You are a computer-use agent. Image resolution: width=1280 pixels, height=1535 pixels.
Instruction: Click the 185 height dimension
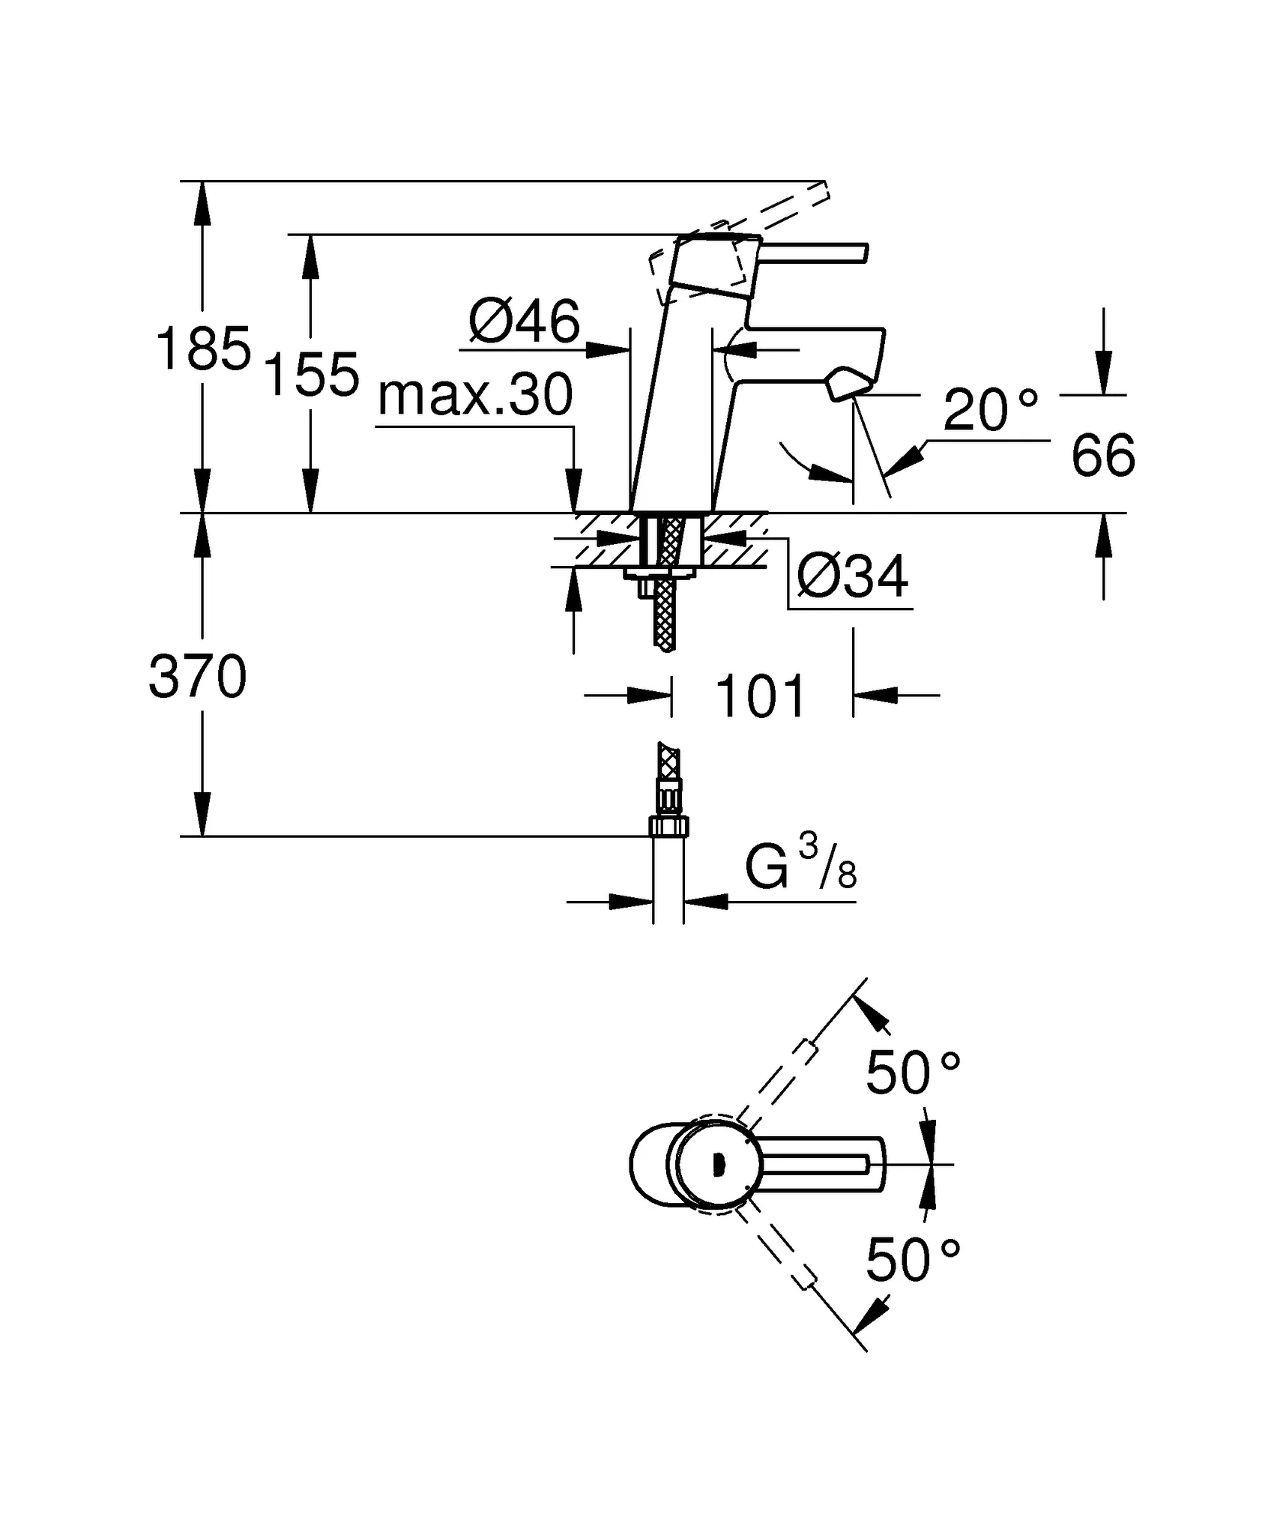[x=202, y=349]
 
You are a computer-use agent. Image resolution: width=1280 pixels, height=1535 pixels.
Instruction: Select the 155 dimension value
[x=313, y=375]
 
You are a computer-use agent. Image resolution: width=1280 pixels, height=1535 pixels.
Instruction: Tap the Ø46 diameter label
[x=524, y=322]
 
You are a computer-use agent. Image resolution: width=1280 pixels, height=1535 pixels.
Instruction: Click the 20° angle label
[x=989, y=410]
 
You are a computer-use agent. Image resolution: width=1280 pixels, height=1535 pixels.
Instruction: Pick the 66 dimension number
[x=1103, y=455]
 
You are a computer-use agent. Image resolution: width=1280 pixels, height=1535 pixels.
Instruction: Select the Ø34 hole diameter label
[x=852, y=577]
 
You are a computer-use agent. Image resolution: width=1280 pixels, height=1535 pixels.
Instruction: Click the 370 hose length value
[x=198, y=677]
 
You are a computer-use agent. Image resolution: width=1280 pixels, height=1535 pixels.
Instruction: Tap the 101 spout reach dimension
[x=761, y=696]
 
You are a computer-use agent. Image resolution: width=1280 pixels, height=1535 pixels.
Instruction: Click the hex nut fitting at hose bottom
[x=668, y=827]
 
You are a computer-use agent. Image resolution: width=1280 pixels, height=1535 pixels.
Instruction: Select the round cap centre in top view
[x=717, y=1165]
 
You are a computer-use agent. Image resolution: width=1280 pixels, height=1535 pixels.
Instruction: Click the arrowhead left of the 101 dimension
[x=649, y=696]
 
